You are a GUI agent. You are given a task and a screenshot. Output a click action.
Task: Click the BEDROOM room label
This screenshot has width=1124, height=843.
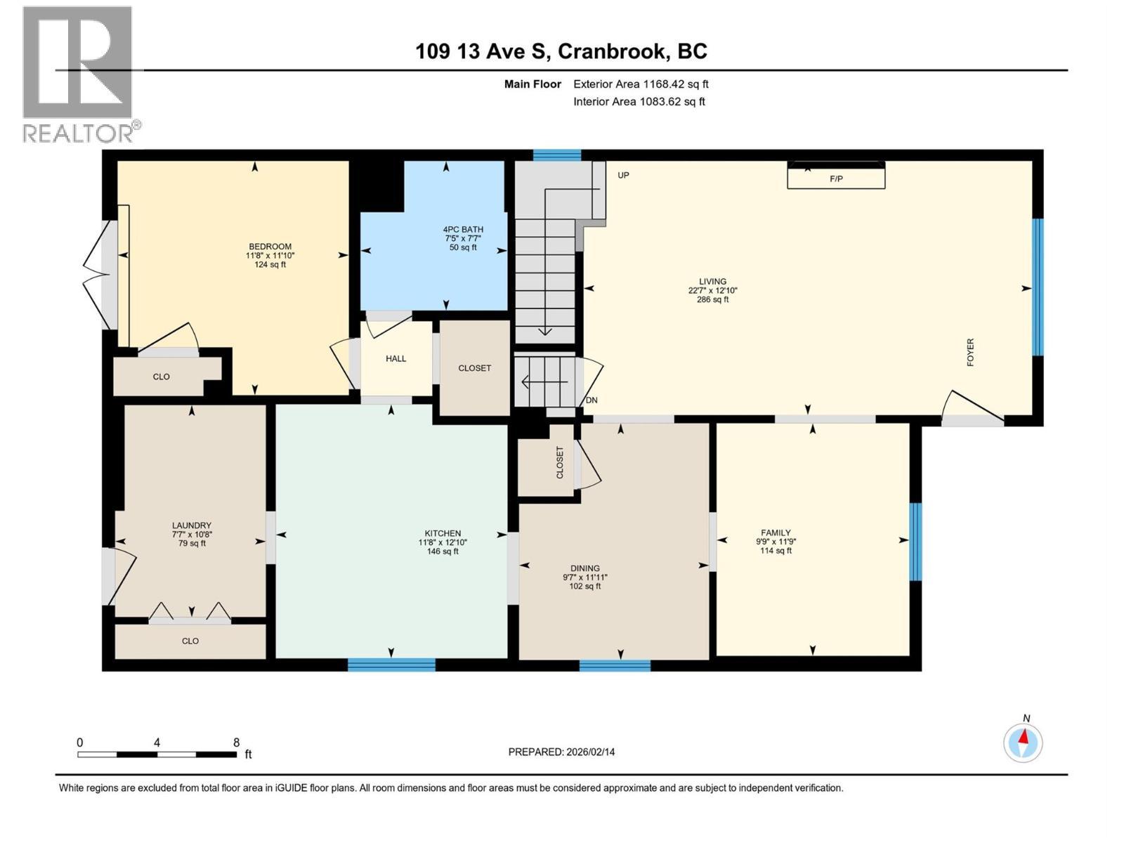(x=270, y=247)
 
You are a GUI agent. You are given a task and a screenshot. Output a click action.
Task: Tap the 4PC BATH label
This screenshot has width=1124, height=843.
(x=463, y=230)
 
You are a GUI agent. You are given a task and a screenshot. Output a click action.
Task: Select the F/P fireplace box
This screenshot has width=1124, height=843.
(x=836, y=176)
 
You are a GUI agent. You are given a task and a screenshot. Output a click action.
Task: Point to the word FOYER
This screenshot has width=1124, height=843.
(x=970, y=352)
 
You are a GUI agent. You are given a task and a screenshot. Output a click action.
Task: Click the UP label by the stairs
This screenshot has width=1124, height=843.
(x=623, y=176)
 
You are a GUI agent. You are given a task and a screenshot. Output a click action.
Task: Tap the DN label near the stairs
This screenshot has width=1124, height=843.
(x=592, y=400)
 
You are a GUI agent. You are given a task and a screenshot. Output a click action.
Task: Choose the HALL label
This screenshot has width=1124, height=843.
(x=396, y=359)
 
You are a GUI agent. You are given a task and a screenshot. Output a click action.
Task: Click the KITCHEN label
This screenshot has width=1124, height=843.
(x=443, y=533)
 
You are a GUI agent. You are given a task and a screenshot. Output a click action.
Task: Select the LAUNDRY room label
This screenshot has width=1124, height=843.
(x=192, y=525)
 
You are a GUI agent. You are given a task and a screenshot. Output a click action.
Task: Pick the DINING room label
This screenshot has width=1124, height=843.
(x=584, y=568)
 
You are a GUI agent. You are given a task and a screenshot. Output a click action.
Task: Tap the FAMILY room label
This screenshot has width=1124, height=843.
(x=776, y=532)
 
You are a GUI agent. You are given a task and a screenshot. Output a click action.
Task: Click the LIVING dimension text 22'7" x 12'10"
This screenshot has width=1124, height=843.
(x=712, y=290)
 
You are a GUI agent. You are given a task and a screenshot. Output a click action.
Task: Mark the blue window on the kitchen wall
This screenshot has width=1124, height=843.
(x=391, y=665)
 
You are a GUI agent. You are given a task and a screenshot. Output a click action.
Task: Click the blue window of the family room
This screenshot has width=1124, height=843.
(x=915, y=542)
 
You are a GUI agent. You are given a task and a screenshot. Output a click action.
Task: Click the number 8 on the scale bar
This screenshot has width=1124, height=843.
(x=236, y=743)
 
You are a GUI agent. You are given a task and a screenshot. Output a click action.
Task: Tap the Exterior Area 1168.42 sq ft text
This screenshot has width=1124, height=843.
(x=641, y=84)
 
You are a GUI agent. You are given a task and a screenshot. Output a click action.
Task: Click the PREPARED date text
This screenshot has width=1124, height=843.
(x=561, y=752)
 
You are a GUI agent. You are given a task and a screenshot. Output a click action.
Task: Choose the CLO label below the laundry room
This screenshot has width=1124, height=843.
(x=190, y=641)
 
